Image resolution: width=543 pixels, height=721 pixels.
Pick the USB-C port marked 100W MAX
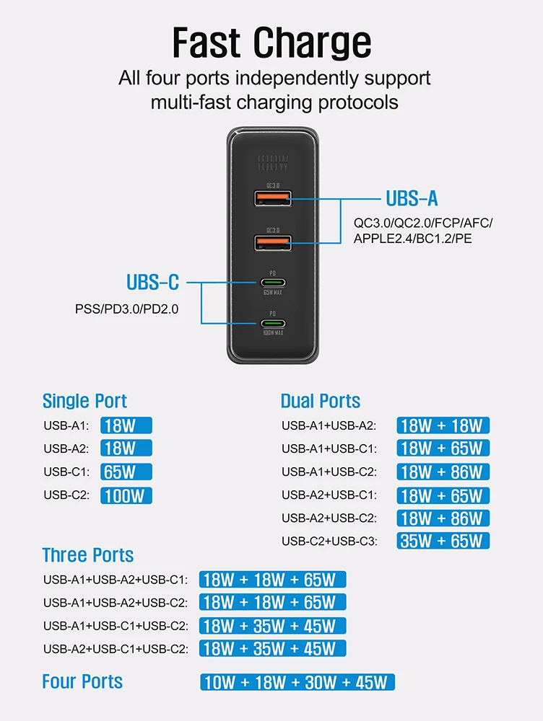tap(272, 324)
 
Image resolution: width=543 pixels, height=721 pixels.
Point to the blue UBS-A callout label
tap(412, 198)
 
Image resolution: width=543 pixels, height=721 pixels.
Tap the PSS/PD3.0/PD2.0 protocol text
tap(126, 309)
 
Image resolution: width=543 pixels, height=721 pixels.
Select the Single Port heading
tap(84, 401)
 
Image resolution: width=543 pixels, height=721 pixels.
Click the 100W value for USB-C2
tap(126, 495)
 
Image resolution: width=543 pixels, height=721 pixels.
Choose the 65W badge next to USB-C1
tap(126, 472)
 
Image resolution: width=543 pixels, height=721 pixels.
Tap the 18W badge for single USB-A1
tap(126, 425)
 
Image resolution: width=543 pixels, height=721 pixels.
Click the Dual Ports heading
tap(320, 401)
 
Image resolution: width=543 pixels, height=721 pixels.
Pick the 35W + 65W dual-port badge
tap(443, 541)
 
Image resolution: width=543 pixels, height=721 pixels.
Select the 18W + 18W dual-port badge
tap(443, 425)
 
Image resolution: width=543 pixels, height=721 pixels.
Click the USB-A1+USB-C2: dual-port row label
tap(329, 472)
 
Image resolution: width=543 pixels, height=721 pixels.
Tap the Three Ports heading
tap(87, 555)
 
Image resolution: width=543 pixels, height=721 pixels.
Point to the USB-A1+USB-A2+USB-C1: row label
tap(116, 580)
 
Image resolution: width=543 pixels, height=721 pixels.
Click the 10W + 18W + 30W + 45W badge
tap(297, 682)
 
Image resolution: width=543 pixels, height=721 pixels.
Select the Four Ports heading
tap(82, 681)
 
